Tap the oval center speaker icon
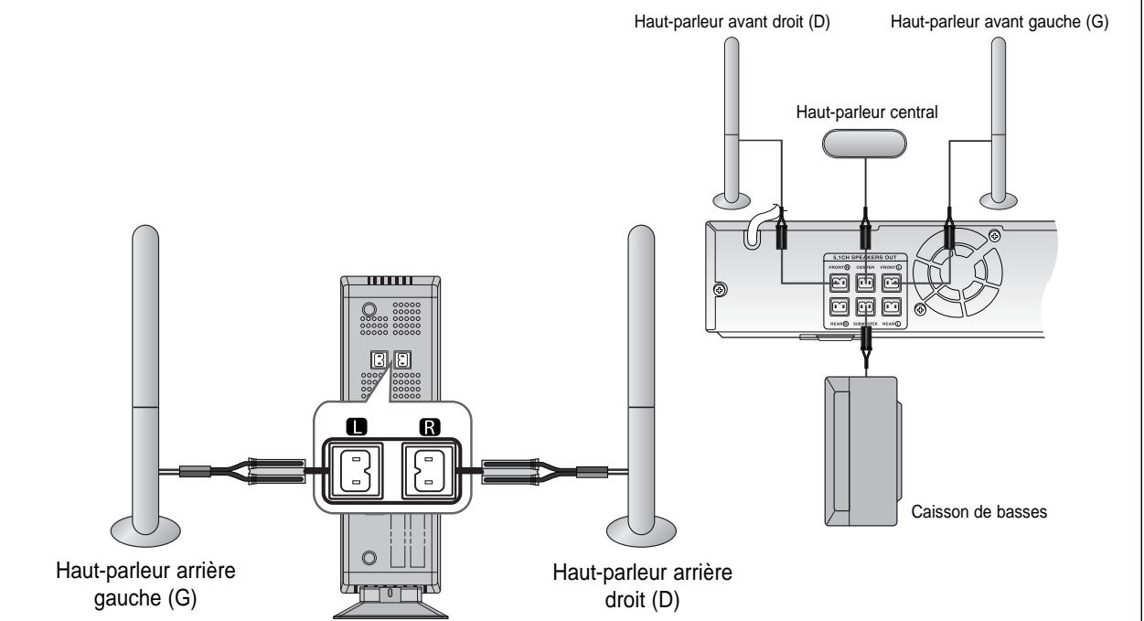pyautogui.click(x=863, y=143)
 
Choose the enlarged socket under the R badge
pyautogui.click(x=428, y=473)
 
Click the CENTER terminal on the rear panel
pyautogui.click(x=864, y=284)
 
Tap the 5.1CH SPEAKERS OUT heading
pyautogui.click(x=864, y=257)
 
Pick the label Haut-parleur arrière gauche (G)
pyautogui.click(x=145, y=581)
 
